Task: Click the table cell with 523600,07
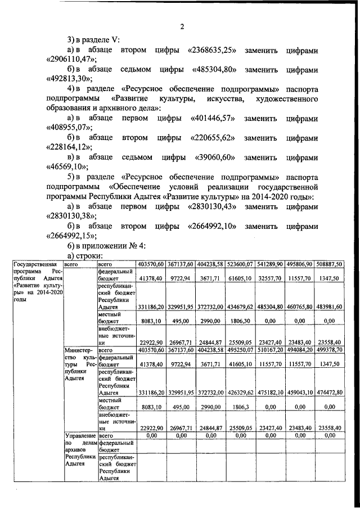(x=241, y=264)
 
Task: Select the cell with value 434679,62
(x=241, y=307)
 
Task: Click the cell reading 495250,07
(x=241, y=350)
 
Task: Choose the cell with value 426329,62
(x=241, y=393)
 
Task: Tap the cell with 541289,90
(x=270, y=264)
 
